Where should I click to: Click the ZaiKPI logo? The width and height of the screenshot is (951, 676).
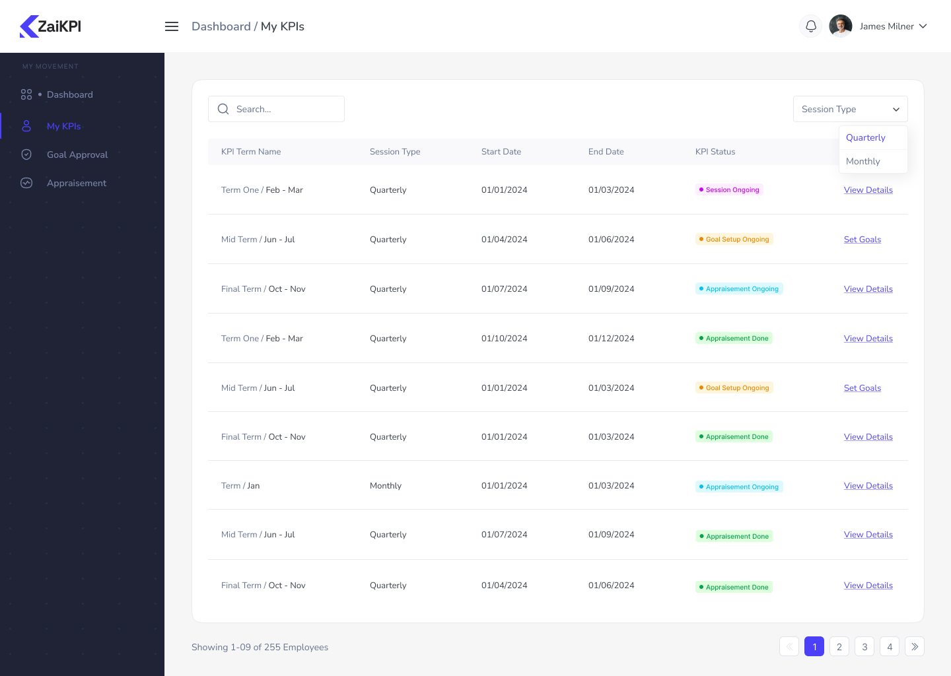[x=51, y=26]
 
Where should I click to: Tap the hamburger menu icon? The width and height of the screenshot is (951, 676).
[x=172, y=26]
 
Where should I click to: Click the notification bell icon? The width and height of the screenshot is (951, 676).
[x=811, y=26]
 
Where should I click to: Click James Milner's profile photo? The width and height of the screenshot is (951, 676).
[x=840, y=26]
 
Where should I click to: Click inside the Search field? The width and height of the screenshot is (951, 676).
[x=284, y=109]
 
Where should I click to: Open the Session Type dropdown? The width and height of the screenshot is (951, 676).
[x=850, y=109]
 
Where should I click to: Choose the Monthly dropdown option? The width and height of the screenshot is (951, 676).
[x=863, y=161]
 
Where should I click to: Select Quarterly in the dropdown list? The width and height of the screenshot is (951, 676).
[x=866, y=137]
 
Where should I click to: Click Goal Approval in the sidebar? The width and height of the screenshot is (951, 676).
[x=77, y=154]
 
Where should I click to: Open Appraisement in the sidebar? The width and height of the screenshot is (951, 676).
[x=77, y=183]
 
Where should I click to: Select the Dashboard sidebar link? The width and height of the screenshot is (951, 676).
[x=70, y=94]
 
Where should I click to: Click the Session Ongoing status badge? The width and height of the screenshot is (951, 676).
[x=729, y=189]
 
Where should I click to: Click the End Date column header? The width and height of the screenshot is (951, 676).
[x=606, y=152]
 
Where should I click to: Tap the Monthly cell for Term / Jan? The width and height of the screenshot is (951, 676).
[x=386, y=486]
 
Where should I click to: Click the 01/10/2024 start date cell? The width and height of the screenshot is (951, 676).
[x=505, y=339]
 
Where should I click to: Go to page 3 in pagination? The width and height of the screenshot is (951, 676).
[x=864, y=647]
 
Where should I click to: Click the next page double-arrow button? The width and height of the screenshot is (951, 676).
[x=915, y=647]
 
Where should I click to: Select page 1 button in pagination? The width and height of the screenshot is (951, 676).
[x=814, y=647]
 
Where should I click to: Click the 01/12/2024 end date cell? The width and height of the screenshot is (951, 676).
[x=612, y=339]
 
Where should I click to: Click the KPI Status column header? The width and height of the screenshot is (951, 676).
[x=715, y=152]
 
